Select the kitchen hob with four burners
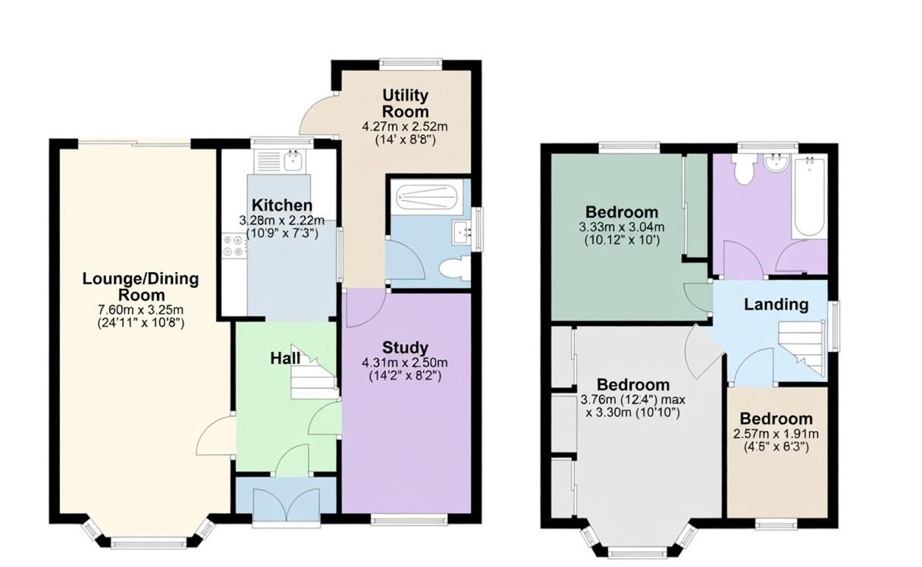click(232, 246)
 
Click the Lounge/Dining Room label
click(140, 287)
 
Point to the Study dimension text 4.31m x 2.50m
click(405, 362)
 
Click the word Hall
click(285, 358)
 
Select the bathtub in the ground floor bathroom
click(423, 197)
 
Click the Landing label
click(776, 305)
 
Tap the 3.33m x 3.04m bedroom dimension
click(621, 227)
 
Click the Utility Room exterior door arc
click(317, 117)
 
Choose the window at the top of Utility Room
click(411, 64)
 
